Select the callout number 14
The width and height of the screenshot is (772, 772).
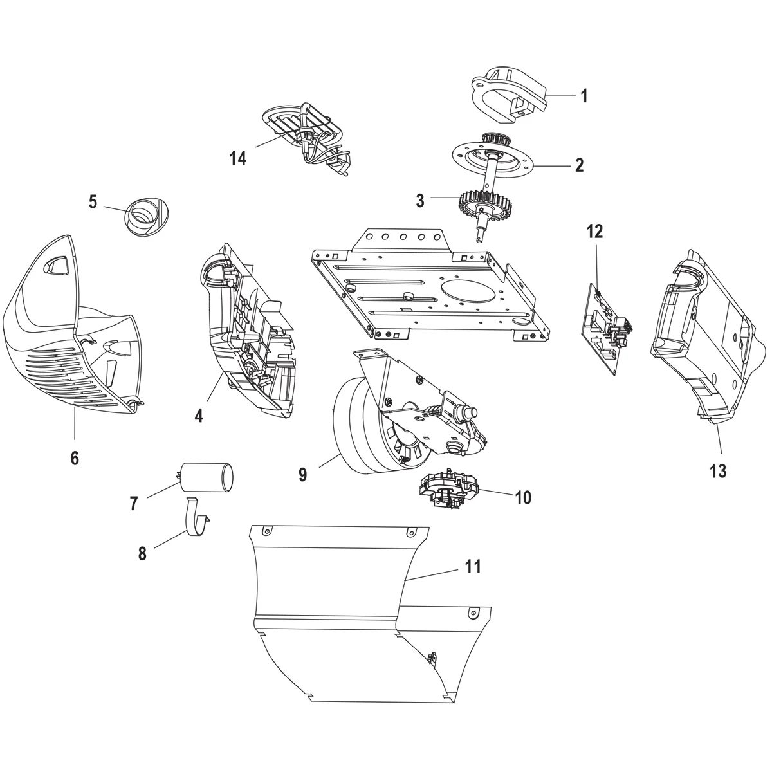pyautogui.click(x=239, y=158)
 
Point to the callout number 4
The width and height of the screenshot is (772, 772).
pyautogui.click(x=199, y=416)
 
